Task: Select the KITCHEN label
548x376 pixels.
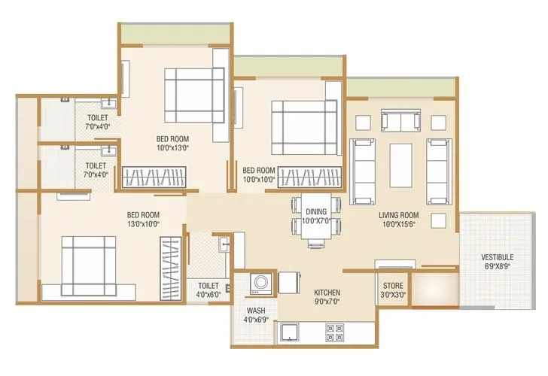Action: coord(328,293)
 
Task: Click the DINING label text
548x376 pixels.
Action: coord(316,212)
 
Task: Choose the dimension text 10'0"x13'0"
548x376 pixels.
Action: coord(172,148)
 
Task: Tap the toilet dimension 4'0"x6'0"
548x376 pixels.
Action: coord(209,295)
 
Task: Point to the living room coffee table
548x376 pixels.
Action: coord(401,164)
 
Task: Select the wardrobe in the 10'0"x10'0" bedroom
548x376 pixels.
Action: coord(307,178)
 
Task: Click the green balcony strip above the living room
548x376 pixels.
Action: coord(401,87)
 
